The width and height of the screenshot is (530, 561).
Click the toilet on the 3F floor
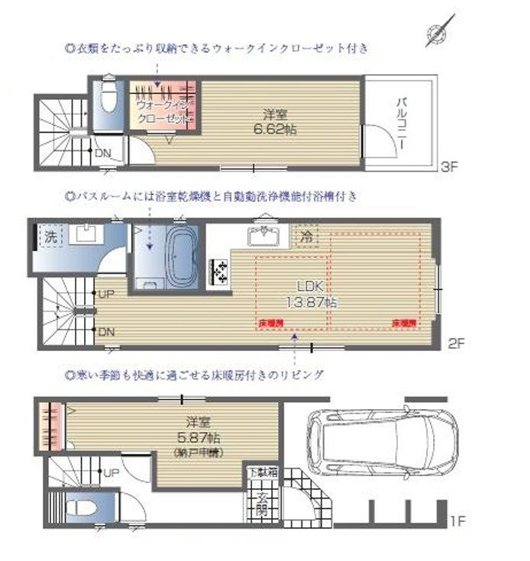pyautogui.click(x=108, y=98)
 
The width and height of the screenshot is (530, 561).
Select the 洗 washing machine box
pyautogui.click(x=50, y=237)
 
